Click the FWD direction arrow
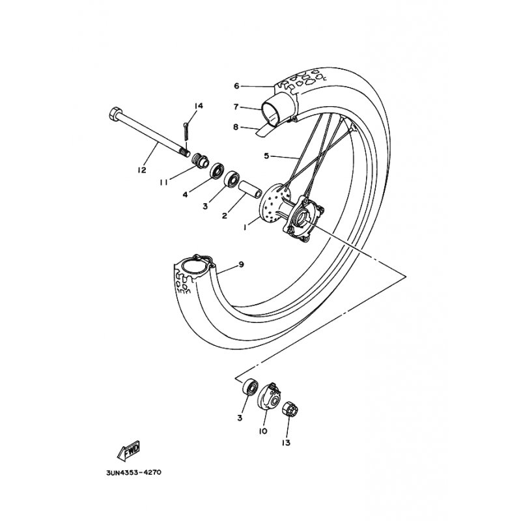[129, 451]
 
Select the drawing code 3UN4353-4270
[134, 472]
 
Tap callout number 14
[199, 106]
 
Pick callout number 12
[141, 170]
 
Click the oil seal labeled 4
[218, 171]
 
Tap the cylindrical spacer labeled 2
[250, 189]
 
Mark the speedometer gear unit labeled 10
[270, 396]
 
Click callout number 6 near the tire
[236, 86]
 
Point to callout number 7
[236, 107]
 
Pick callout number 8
[236, 127]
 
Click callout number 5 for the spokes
[266, 156]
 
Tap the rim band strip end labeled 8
[265, 130]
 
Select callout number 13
[286, 443]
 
